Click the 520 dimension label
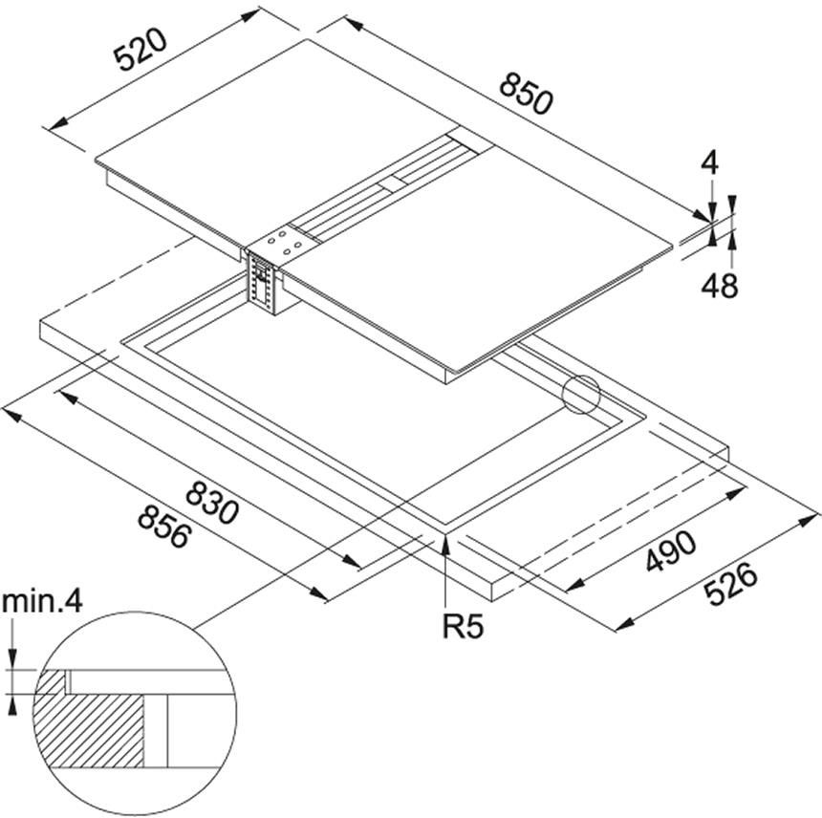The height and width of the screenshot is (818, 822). (141, 50)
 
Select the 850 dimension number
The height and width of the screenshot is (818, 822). (526, 94)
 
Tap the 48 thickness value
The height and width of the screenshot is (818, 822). (719, 286)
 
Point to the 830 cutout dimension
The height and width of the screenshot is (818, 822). (212, 503)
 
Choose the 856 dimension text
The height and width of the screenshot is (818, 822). (164, 527)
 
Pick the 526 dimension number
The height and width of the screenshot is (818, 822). (730, 583)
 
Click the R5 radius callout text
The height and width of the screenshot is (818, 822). (463, 626)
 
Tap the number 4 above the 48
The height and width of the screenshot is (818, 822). (710, 163)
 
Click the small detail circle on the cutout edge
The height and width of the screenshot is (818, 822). (580, 394)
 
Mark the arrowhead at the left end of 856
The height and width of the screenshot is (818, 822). (11, 414)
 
